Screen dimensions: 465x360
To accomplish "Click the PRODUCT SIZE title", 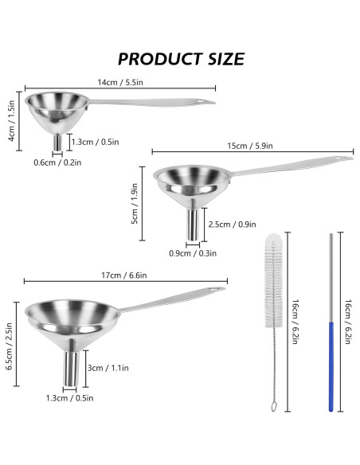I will (181, 58).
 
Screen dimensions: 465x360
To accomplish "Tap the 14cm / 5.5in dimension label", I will (120, 82).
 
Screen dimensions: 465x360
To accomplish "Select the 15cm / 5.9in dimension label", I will (249, 146).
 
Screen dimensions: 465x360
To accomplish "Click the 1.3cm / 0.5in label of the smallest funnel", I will (95, 143).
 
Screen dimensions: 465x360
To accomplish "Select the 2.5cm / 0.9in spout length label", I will (231, 225).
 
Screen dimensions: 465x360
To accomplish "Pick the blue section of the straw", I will (330, 366).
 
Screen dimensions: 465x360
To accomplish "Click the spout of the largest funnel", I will (68, 367).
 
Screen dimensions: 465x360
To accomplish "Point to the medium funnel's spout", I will (193, 224).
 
